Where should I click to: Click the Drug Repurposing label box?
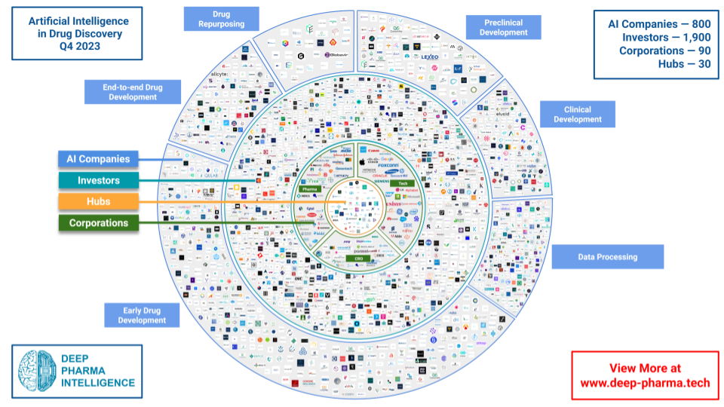point(221,19)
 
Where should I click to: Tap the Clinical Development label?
point(578,115)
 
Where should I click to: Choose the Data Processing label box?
point(607,257)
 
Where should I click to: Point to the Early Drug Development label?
point(141,315)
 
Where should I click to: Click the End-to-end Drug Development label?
point(132,92)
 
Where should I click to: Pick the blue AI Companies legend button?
point(98,160)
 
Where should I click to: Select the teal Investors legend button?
point(98,181)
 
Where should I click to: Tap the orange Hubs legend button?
point(98,202)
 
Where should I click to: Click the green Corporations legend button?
point(98,223)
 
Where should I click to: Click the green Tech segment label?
point(403,183)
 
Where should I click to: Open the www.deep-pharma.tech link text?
point(645,382)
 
